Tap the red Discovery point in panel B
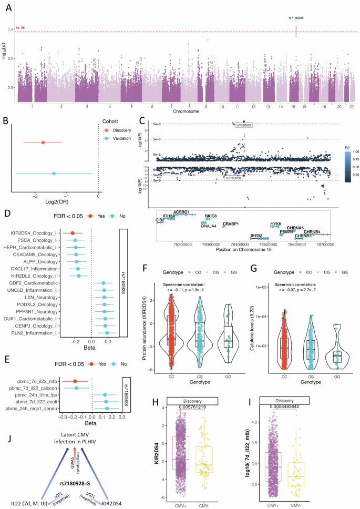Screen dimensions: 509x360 click(x=43, y=142)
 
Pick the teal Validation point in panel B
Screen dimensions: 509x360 click(x=54, y=173)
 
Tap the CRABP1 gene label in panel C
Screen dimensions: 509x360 click(x=231, y=224)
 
